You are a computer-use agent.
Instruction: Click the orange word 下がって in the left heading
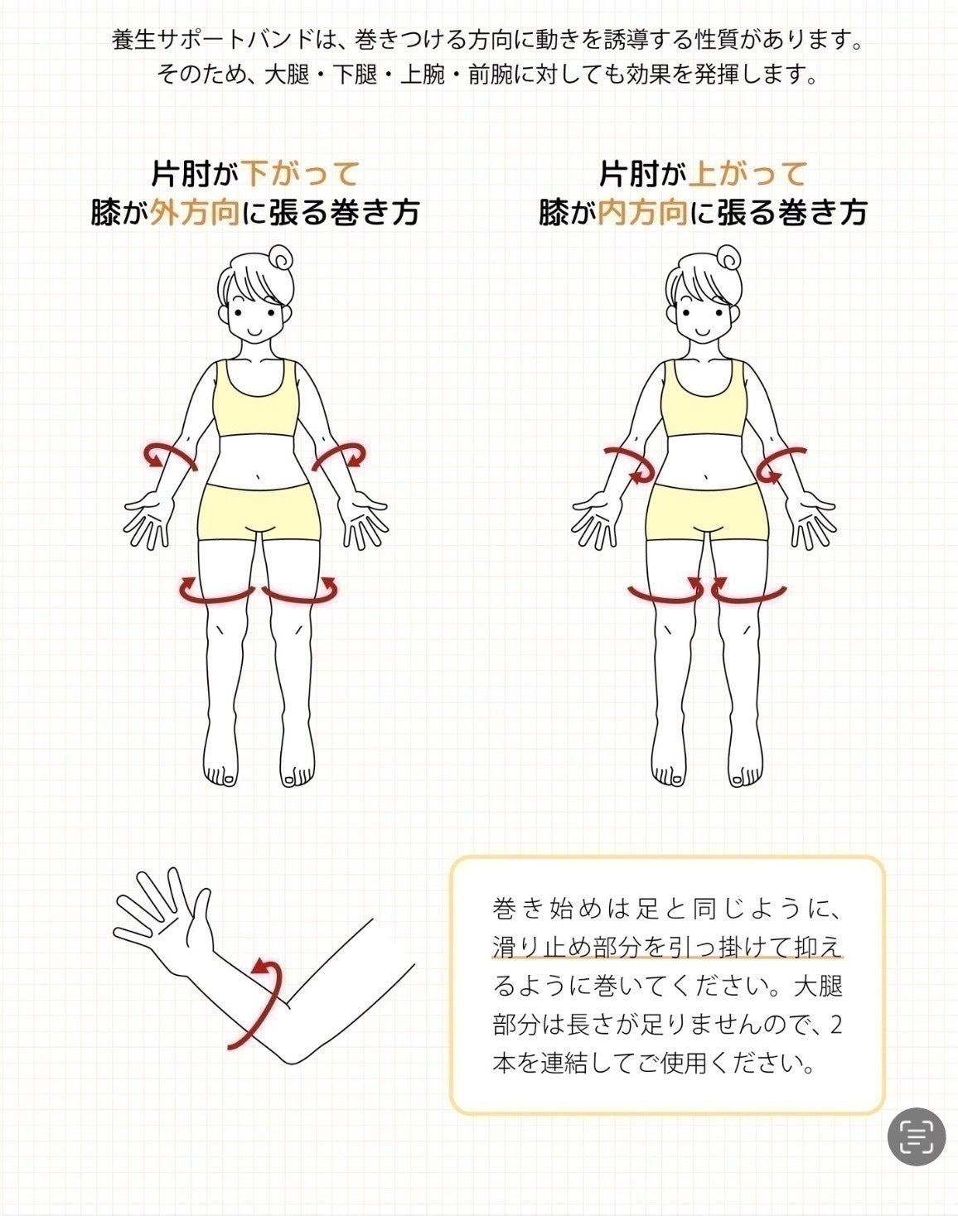(x=300, y=174)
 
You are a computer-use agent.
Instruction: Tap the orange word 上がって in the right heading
(x=748, y=174)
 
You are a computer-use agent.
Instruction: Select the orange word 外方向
(x=195, y=214)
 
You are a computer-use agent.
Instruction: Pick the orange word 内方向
(x=643, y=214)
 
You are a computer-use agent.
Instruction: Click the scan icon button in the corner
(x=916, y=1136)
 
